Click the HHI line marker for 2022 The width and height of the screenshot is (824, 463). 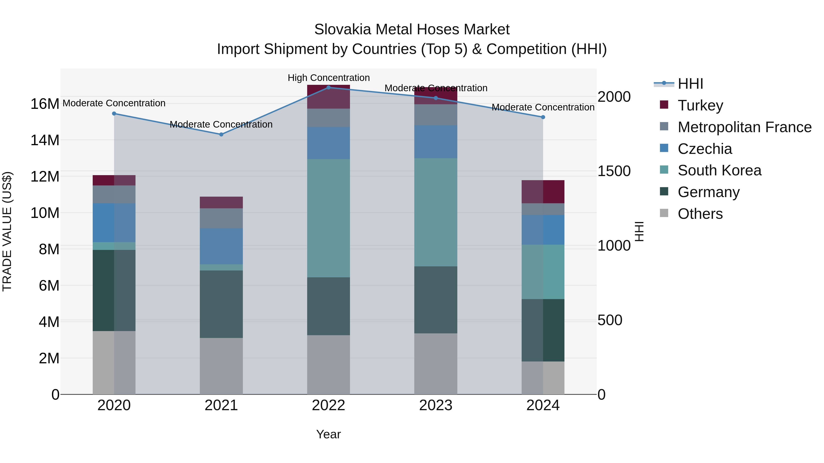pos(328,87)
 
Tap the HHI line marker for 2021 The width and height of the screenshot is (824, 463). pos(221,134)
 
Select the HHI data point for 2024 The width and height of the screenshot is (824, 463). pos(543,117)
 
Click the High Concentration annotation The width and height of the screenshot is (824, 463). pos(328,78)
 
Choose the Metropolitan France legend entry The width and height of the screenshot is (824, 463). pos(744,127)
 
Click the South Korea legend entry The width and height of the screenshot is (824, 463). pos(719,170)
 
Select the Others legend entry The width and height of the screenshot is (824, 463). pos(700,214)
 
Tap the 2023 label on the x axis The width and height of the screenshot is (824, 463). pos(435,405)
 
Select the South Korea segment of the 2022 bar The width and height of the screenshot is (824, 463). pos(328,218)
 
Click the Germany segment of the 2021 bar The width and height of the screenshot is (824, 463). pos(221,304)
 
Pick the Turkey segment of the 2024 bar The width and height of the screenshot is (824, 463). pos(543,192)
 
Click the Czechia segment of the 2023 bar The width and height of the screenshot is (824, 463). pos(435,142)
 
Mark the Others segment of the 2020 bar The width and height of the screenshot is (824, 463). pos(114,362)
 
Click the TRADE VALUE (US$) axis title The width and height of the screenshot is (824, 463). pos(7,231)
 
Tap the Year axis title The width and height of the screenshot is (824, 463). pos(328,434)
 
